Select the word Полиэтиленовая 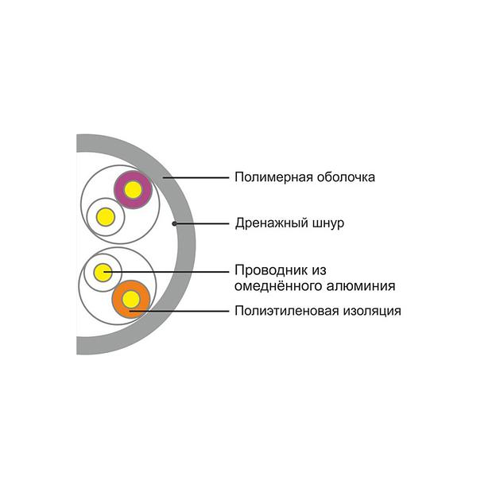[281, 310]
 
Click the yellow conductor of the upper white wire [105, 215]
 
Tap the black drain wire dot [175, 223]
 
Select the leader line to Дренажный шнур [203, 223]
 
